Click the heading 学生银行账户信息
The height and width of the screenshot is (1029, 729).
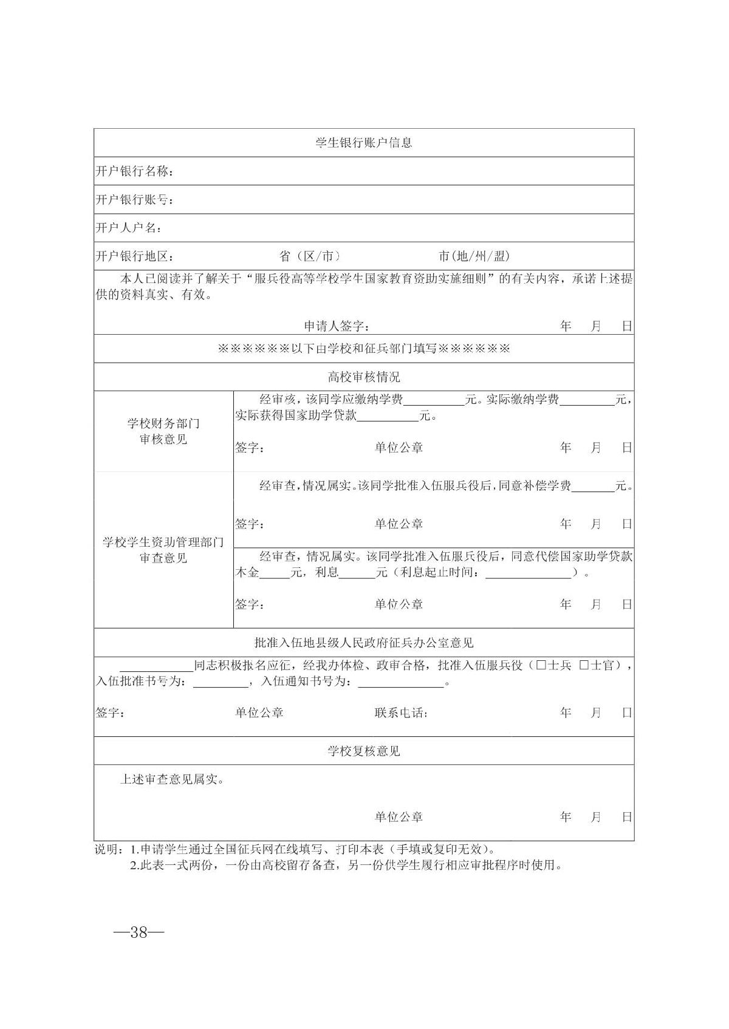pos(364,143)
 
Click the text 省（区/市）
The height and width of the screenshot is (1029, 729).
pos(310,256)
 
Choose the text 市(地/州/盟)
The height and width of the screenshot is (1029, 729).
pos(474,256)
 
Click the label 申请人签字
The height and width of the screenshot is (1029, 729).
pos(337,326)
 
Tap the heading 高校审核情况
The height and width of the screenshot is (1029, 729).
pos(364,377)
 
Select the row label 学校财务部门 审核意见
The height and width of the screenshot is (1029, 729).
pos(163,431)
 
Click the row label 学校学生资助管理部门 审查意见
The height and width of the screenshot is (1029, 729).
pos(163,550)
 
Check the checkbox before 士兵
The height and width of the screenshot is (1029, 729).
pos(541,666)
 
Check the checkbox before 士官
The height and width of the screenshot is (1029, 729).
pos(584,666)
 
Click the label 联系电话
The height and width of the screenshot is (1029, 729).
pos(401,713)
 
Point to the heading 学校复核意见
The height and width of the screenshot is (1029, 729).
pos(364,751)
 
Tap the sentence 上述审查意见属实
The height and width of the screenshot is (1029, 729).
pos(172,779)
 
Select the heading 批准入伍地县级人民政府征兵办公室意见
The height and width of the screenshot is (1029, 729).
pos(364,643)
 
